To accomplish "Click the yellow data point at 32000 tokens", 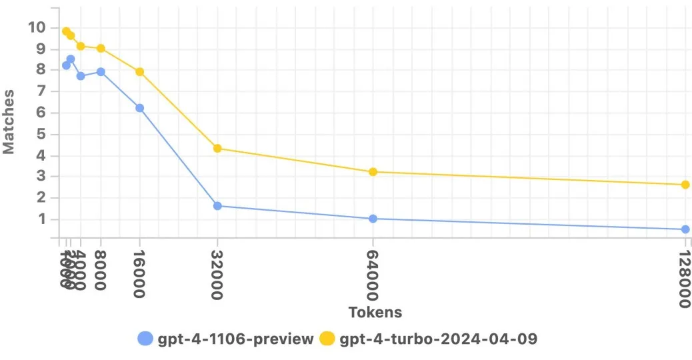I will click(217, 148).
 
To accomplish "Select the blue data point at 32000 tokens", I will click(217, 206).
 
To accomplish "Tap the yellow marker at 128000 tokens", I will click(685, 185).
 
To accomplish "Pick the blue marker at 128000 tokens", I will click(685, 229).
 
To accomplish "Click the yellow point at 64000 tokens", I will click(373, 172).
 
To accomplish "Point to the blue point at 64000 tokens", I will click(373, 219).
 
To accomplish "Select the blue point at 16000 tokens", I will click(140, 108).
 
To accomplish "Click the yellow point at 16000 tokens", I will click(140, 72).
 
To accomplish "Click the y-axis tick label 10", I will click(36, 27).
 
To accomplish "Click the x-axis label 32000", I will click(217, 275).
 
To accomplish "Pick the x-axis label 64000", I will click(373, 275).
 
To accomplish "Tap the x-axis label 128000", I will click(684, 279).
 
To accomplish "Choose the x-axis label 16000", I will click(140, 275).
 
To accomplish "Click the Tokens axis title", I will click(375, 312).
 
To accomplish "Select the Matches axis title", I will click(9, 123).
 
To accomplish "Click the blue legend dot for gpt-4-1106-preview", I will click(145, 339).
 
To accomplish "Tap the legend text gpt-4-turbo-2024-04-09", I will click(438, 339).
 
